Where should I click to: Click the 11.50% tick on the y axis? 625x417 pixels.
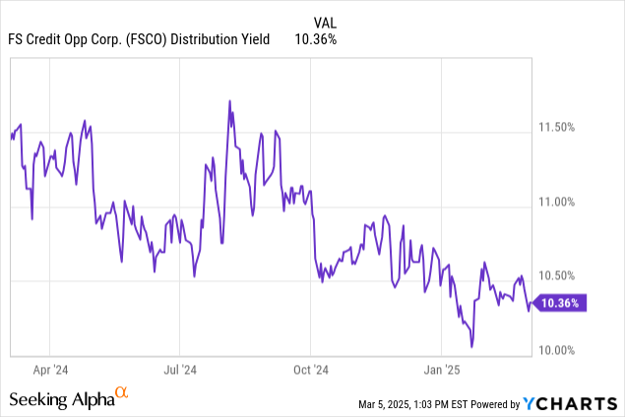click(562, 128)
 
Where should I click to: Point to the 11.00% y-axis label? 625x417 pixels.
click(562, 203)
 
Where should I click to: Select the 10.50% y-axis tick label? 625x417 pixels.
click(562, 275)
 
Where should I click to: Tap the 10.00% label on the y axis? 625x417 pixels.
click(562, 350)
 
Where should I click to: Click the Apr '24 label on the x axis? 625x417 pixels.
click(50, 370)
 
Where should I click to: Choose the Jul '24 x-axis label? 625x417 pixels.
click(180, 370)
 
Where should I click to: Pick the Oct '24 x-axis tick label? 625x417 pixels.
click(310, 370)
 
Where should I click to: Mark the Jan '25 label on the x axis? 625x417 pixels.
click(440, 370)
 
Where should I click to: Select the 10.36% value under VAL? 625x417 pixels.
click(315, 39)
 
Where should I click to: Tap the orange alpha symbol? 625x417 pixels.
click(122, 393)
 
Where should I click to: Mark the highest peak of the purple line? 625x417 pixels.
click(229, 100)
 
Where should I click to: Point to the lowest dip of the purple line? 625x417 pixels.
click(472, 346)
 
